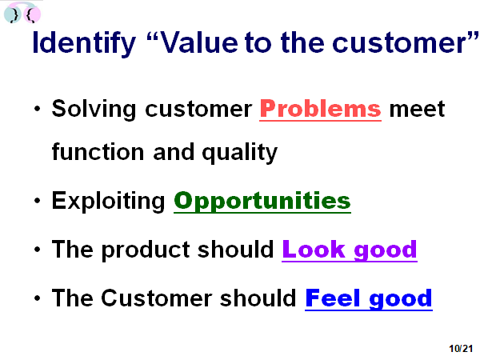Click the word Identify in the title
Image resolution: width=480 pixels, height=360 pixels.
[84, 43]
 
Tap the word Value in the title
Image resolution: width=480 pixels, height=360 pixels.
[199, 43]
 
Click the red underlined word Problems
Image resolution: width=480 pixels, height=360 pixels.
[321, 110]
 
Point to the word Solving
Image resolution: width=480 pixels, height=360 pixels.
[94, 110]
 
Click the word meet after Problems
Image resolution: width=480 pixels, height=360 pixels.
[417, 109]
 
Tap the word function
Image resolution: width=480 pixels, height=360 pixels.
[98, 151]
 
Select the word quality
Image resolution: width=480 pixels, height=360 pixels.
[240, 153]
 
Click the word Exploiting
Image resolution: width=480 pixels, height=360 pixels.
[108, 201]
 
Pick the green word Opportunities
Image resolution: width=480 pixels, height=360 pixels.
[262, 202]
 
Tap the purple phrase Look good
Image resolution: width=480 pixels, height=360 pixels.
[350, 250]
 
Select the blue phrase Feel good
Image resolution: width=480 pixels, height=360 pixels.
[369, 298]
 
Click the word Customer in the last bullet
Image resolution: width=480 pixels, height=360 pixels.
[157, 298]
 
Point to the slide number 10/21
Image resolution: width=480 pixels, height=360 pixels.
[461, 348]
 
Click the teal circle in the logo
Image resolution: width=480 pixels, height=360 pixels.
[13, 14]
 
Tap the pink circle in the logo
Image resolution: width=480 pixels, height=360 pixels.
[32, 14]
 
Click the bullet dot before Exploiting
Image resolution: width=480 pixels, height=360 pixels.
[38, 201]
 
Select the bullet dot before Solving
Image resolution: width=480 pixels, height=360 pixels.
[38, 109]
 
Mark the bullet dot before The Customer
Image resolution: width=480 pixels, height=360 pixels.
[38, 298]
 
